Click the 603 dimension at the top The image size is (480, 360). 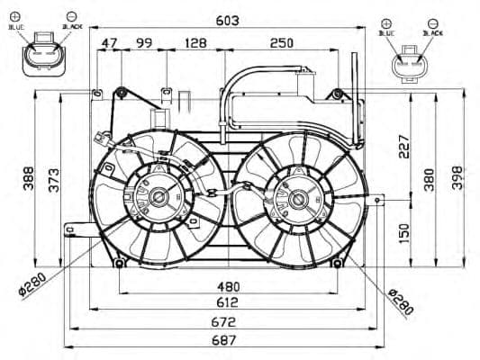point(227,21)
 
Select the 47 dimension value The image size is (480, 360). point(109,43)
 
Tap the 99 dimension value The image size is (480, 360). point(143,43)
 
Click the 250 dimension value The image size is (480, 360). point(281,43)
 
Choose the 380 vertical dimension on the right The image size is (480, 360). point(430,178)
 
